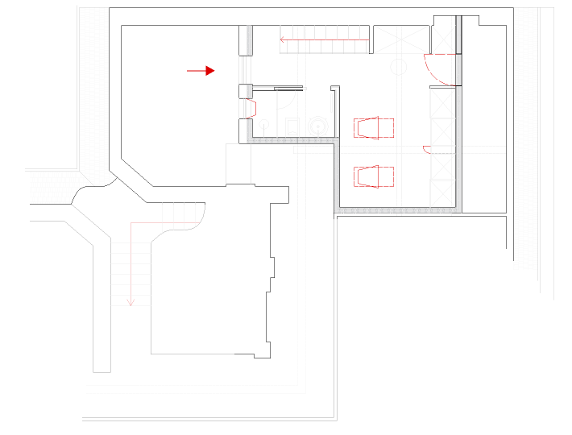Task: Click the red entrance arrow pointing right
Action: pos(201,71)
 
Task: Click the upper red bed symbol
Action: pos(374,127)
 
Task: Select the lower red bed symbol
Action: pos(374,176)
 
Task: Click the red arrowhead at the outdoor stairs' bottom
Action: pos(131,302)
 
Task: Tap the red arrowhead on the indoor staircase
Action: pos(282,36)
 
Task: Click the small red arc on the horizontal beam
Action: pos(426,149)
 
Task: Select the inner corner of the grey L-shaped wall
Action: pos(337,141)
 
